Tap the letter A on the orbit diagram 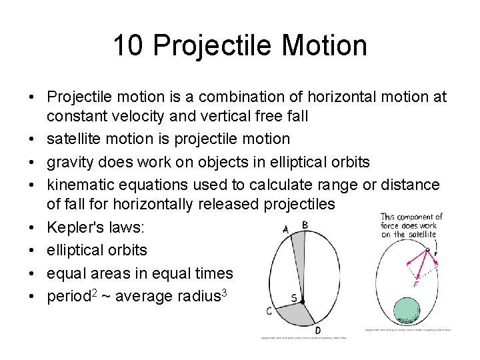coord(286,229)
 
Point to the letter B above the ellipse coord(305,225)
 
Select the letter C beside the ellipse coord(268,311)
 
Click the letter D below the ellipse coord(317,329)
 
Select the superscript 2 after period coord(95,291)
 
